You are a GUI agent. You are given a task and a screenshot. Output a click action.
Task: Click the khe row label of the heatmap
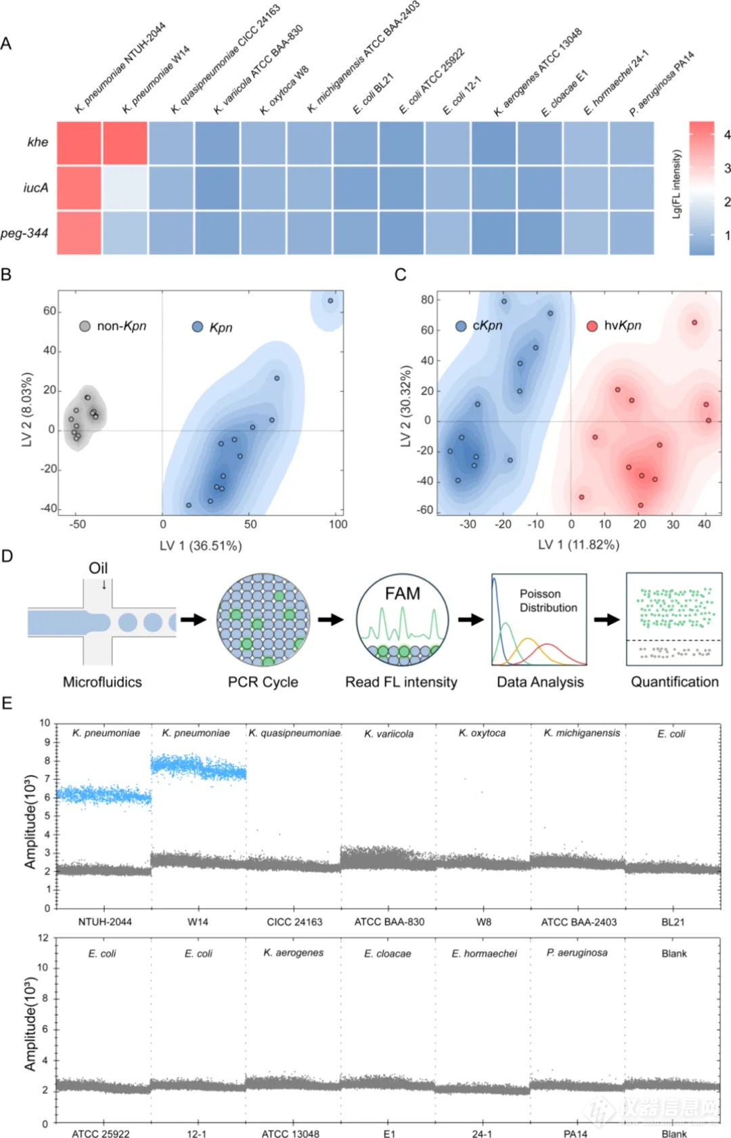(x=38, y=142)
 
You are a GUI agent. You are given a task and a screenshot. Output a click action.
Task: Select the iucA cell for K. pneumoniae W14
(x=125, y=188)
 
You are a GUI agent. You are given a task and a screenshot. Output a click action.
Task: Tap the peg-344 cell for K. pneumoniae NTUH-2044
(x=79, y=233)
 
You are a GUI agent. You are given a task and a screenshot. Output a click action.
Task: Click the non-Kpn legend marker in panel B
(x=85, y=326)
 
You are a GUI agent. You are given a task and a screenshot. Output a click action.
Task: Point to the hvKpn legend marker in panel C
(x=592, y=326)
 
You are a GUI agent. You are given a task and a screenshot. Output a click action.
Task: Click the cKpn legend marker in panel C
(x=461, y=326)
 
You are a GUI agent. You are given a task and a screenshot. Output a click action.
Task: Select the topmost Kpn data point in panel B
(x=330, y=301)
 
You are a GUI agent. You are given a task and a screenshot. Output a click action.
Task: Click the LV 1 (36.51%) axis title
(x=200, y=545)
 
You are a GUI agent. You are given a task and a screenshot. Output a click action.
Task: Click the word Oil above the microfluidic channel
(x=98, y=568)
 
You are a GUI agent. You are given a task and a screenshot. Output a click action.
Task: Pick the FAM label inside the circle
(x=402, y=593)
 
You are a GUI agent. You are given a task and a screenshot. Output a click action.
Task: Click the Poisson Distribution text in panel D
(x=548, y=601)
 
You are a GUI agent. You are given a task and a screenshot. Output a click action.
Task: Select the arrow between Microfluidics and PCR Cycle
(x=193, y=619)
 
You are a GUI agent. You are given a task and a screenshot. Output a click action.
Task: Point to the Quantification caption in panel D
(x=674, y=682)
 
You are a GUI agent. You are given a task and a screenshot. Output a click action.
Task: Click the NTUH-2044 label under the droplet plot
(x=105, y=922)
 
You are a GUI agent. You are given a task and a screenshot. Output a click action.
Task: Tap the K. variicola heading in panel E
(x=389, y=734)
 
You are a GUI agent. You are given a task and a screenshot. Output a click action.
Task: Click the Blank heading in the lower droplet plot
(x=673, y=953)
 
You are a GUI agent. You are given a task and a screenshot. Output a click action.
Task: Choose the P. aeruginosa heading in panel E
(x=577, y=952)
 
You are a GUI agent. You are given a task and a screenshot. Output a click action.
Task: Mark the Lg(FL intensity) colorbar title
(x=676, y=184)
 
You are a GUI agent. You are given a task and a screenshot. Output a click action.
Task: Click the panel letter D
(x=7, y=556)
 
